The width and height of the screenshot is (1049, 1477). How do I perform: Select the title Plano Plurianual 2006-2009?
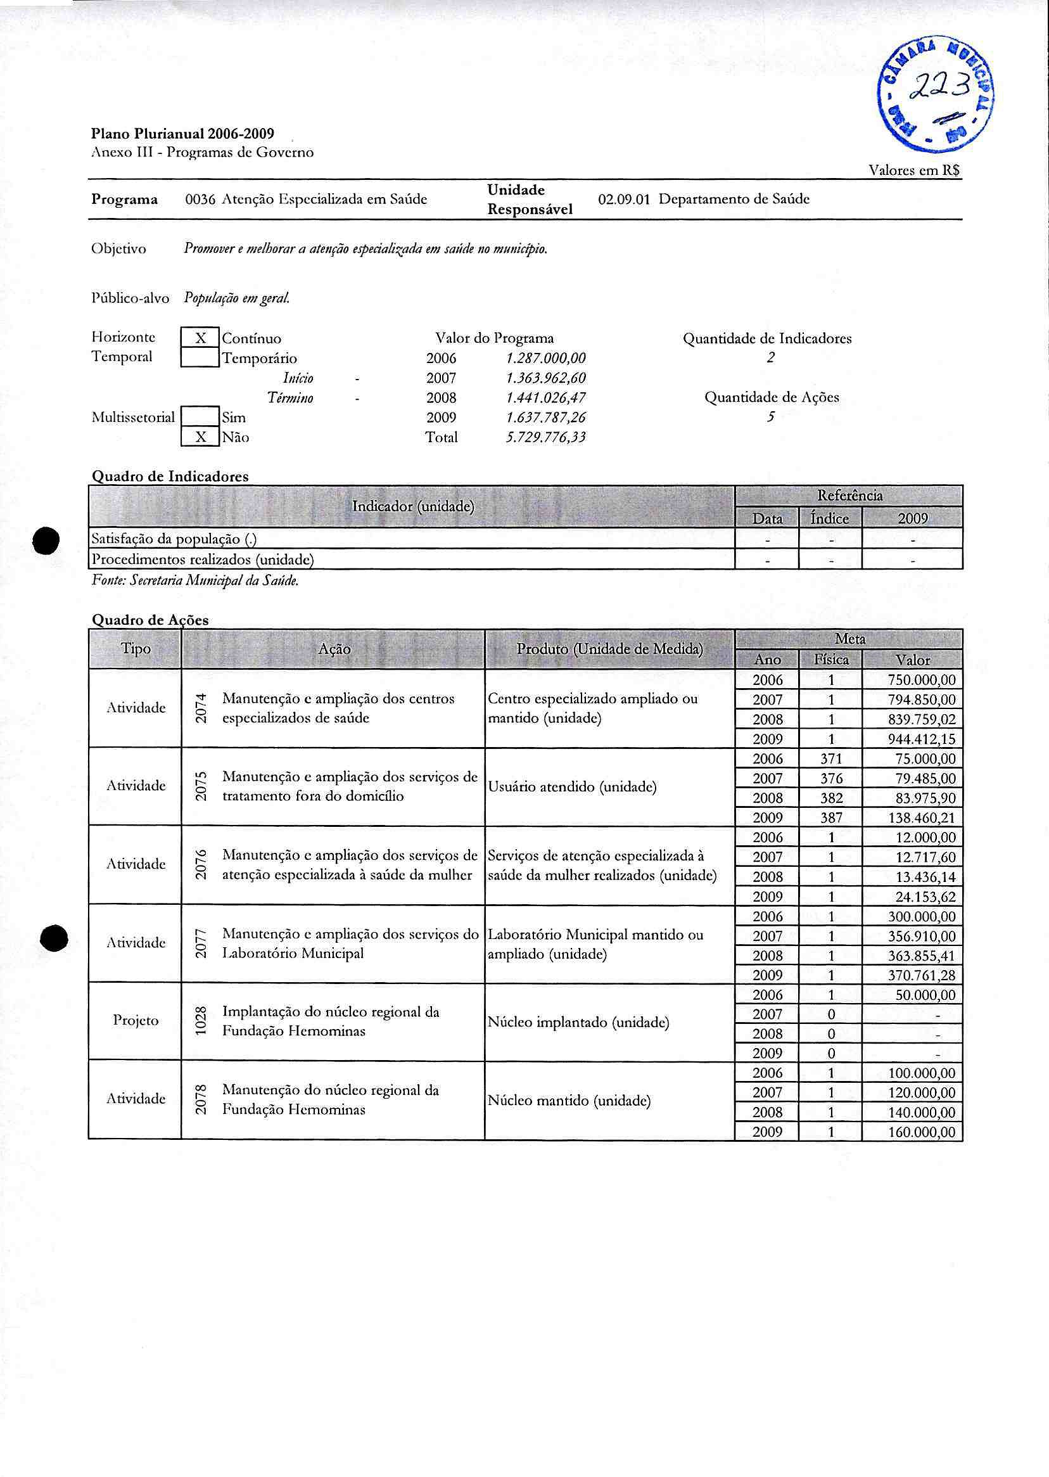(x=182, y=134)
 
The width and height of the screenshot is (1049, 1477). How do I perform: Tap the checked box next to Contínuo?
(x=200, y=338)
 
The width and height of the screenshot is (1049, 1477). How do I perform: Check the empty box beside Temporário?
(x=200, y=357)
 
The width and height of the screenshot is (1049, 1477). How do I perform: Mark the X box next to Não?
(x=200, y=437)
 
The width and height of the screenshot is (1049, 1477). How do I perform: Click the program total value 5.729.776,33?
(x=545, y=437)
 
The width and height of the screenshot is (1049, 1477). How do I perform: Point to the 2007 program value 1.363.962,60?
(x=545, y=378)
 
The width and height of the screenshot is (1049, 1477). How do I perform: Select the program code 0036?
(x=200, y=200)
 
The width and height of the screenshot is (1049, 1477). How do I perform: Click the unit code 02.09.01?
(x=623, y=200)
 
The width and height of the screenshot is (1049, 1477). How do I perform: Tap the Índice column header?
(x=830, y=518)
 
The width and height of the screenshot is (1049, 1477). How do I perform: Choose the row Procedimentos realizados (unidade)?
(x=203, y=559)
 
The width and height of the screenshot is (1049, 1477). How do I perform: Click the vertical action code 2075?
(x=201, y=786)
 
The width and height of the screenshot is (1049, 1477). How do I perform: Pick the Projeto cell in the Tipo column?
(x=136, y=1020)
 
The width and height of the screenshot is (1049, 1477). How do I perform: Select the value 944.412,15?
(x=921, y=739)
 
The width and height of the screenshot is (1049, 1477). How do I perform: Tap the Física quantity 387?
(x=830, y=817)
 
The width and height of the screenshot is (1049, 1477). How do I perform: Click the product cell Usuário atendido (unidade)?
(x=572, y=787)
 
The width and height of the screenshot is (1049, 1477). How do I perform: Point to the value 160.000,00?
(x=921, y=1132)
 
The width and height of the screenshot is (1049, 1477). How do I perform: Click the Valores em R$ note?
(x=914, y=170)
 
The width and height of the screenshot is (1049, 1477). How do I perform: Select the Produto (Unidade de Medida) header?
(x=609, y=649)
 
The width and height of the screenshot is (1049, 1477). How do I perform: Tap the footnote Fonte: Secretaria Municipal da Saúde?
(x=195, y=581)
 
